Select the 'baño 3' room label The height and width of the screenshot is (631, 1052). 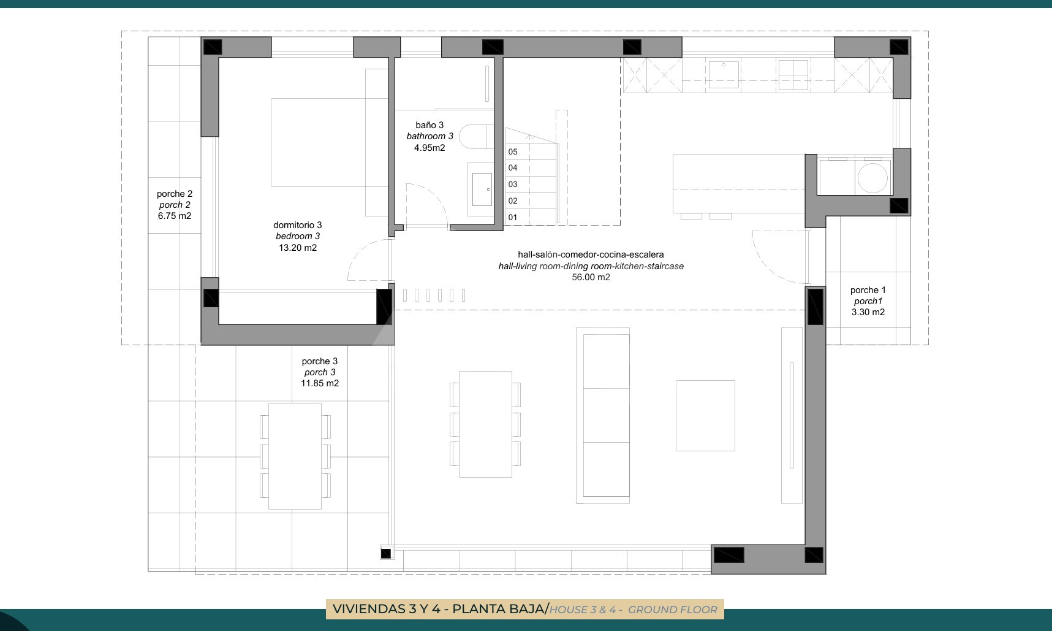tap(430, 125)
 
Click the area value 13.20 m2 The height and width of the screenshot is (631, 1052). tap(298, 248)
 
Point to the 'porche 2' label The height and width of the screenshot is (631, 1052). tap(175, 194)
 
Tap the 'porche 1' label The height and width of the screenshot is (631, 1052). tap(868, 290)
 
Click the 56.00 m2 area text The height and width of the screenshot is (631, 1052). tap(591, 277)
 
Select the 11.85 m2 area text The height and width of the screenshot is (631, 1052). tap(320, 383)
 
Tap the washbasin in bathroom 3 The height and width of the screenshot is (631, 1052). tap(481, 189)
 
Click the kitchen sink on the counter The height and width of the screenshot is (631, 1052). tap(724, 74)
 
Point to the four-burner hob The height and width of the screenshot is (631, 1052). tap(793, 74)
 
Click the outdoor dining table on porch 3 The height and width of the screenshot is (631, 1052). tap(295, 456)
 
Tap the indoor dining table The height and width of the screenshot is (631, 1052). tap(485, 424)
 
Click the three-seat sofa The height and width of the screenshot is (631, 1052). tap(603, 415)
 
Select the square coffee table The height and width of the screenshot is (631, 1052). tap(705, 415)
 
